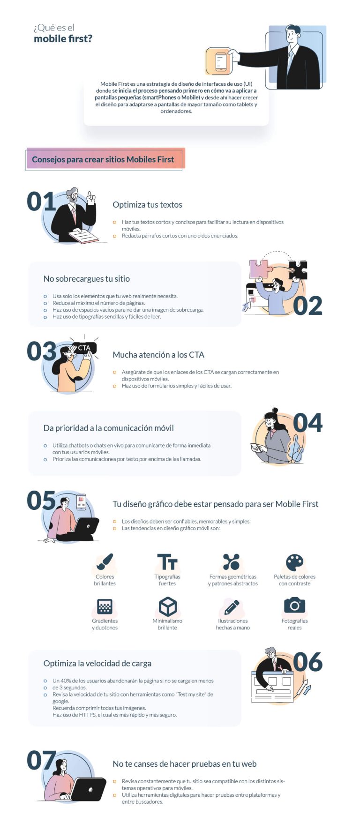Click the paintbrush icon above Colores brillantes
point(105,561)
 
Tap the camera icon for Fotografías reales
point(294,605)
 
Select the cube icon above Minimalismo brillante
point(167,606)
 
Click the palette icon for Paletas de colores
point(294,561)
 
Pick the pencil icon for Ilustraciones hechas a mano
point(232,606)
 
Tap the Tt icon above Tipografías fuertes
point(167,561)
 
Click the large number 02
point(307,306)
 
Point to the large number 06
point(307,662)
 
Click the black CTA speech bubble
point(84,348)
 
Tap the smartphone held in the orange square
point(220,62)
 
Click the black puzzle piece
point(298,270)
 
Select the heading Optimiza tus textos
point(147,205)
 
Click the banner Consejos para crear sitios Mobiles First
point(103,159)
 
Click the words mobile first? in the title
point(63,39)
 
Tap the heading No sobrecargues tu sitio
point(87,279)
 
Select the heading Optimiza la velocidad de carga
point(97,663)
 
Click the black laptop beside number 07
point(89,789)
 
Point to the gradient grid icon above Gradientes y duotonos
point(105,606)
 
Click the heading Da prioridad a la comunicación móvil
point(108,428)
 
